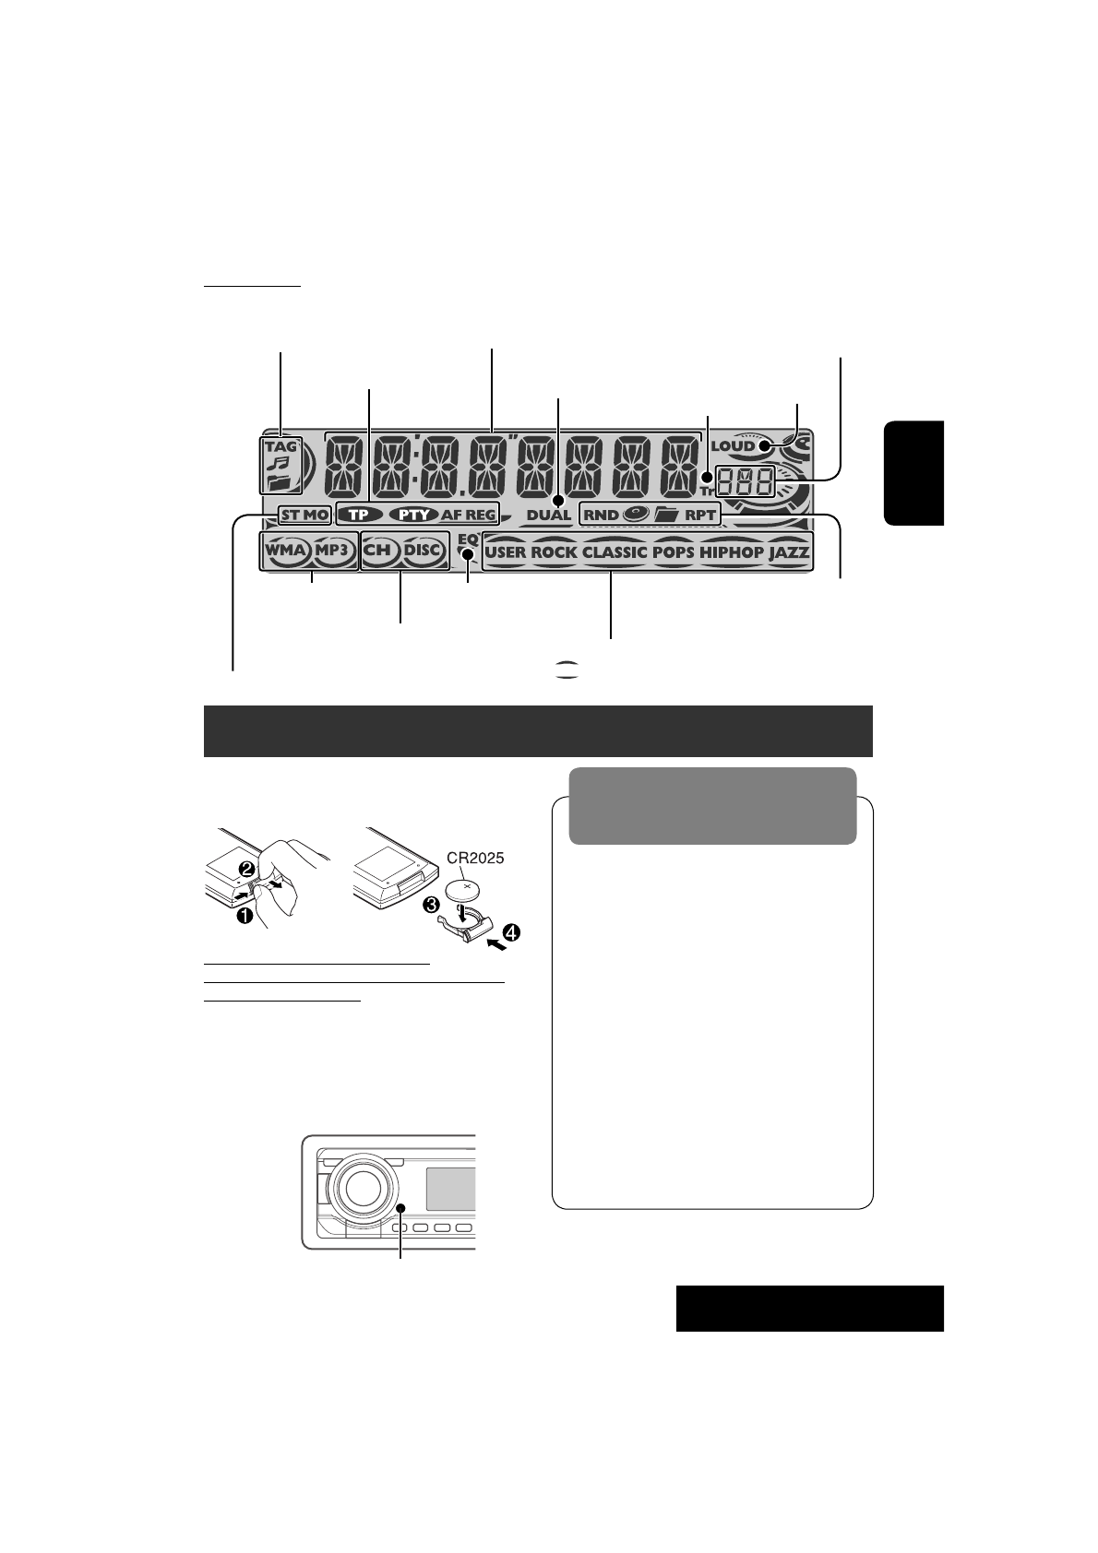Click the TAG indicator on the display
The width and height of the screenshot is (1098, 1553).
coord(280,446)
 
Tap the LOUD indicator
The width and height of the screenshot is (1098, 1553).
coord(734,446)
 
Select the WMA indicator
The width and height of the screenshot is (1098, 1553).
coord(286,551)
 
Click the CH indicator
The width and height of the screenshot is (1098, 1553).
coord(378,551)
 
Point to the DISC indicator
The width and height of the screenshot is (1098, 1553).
coord(424,551)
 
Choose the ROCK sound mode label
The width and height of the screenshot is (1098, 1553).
coord(554,552)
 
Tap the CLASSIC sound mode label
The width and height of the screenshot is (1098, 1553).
coord(615,552)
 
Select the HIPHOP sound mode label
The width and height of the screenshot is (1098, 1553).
coord(732,552)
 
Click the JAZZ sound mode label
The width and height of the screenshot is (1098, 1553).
coord(789,552)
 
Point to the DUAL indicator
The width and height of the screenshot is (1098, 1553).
coord(549,515)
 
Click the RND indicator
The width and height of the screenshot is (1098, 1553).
coord(601,515)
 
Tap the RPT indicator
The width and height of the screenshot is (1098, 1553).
coord(700,515)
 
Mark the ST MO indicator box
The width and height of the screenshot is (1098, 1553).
coord(304,515)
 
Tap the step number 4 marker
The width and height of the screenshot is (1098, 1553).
coord(510,932)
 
